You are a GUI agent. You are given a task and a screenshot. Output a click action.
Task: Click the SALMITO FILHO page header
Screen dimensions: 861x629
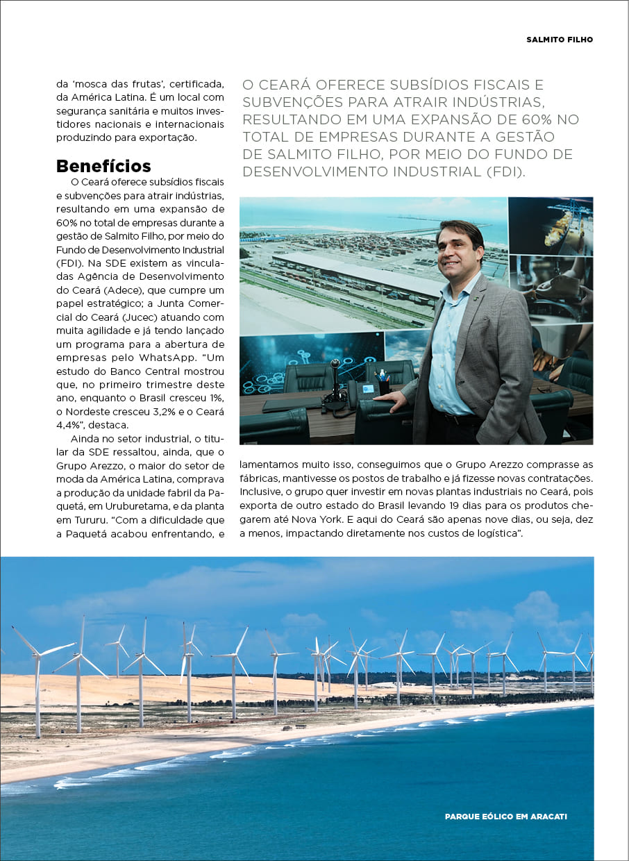(560, 40)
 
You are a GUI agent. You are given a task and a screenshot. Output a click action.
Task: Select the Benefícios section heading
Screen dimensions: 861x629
(103, 166)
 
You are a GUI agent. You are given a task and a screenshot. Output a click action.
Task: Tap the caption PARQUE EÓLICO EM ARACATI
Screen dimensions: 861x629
(505, 817)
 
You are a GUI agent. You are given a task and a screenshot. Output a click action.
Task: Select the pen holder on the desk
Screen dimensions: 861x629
(383, 385)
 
